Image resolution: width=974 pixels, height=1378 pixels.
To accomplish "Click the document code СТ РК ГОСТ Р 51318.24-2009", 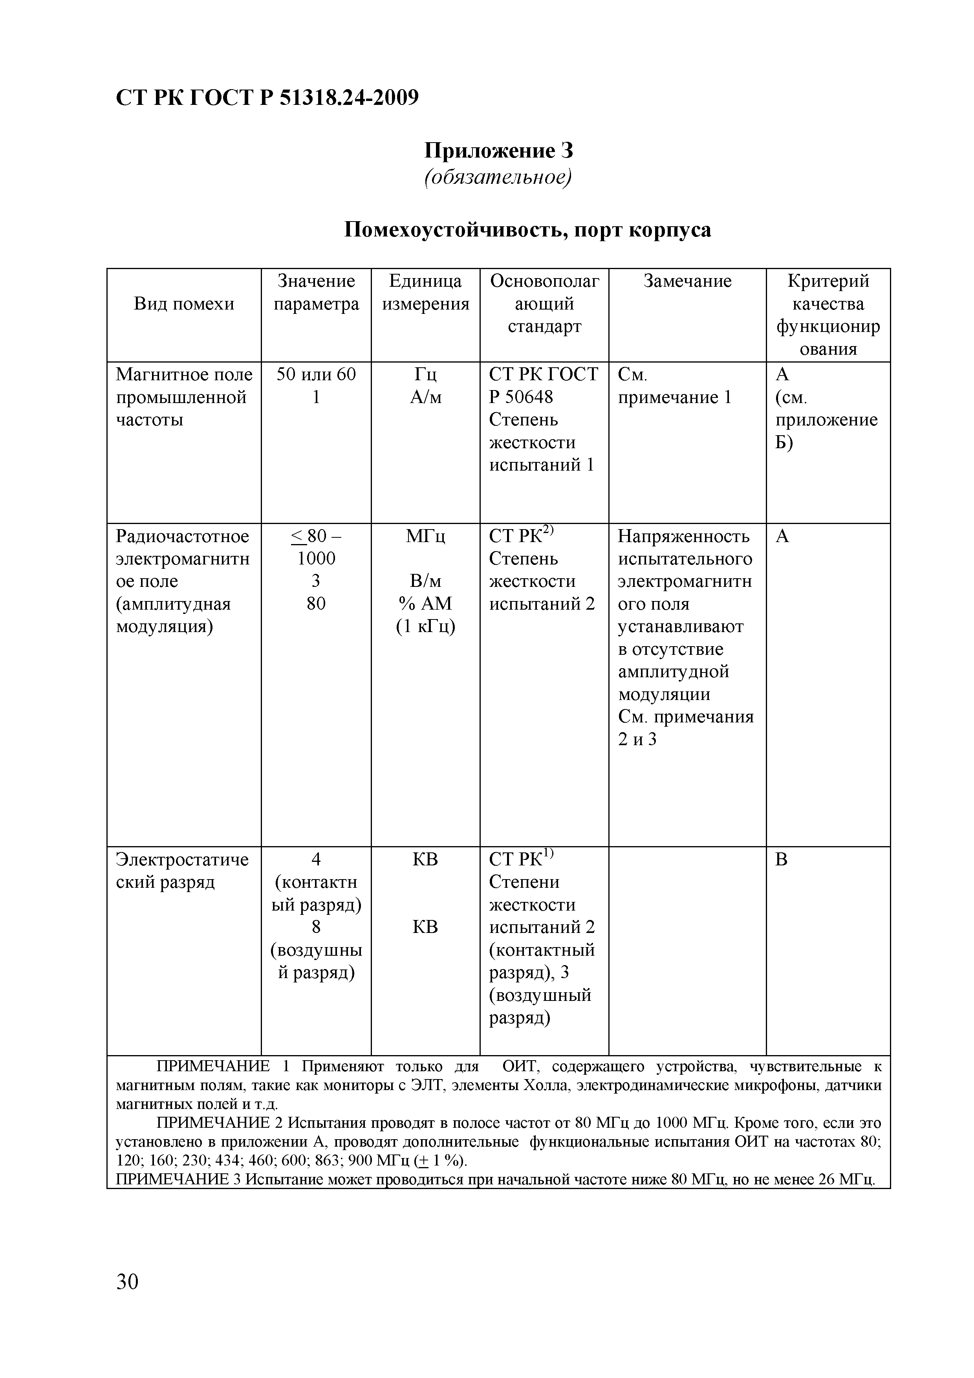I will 267,97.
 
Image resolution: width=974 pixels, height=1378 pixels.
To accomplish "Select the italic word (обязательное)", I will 498,177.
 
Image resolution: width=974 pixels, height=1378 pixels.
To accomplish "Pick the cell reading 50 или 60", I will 316,374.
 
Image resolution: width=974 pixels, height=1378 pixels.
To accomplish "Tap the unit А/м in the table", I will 425,397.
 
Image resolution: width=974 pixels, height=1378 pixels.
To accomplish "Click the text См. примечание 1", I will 675,386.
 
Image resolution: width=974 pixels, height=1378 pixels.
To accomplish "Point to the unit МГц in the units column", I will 425,536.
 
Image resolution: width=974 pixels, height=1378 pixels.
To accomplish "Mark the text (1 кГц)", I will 425,627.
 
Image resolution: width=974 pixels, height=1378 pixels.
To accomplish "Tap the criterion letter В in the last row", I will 782,859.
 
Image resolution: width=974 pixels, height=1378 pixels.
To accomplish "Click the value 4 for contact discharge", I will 316,859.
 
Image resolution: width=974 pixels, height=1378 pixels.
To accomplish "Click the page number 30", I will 127,1282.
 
